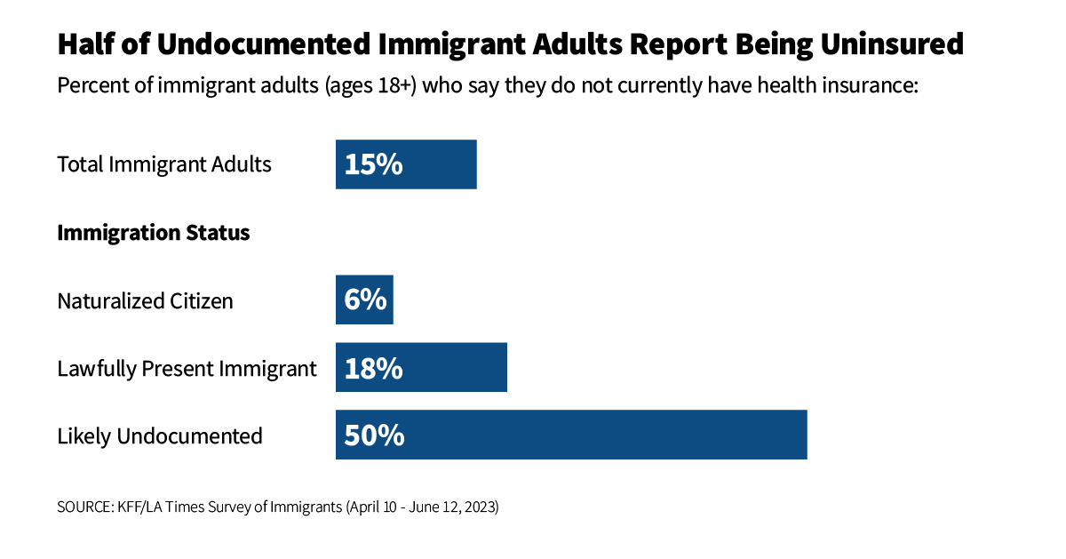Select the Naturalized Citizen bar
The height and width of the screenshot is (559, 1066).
364,300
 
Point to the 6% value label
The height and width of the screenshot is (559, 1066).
365,300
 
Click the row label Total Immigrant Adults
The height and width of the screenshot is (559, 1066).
164,164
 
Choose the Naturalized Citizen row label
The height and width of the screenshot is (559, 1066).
145,301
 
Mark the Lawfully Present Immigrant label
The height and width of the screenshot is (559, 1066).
187,369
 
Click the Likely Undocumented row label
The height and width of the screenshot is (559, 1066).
160,436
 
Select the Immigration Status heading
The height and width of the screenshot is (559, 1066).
153,233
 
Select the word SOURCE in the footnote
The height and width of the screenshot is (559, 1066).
83,507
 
